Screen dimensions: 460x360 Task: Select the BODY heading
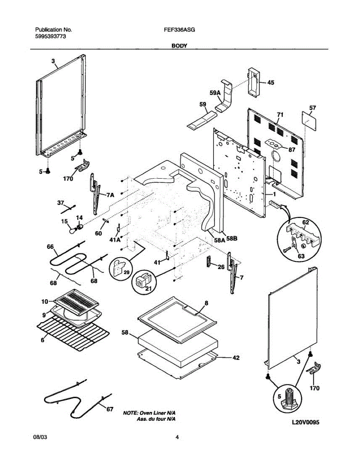(x=179, y=46)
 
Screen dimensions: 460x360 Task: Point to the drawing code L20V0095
(x=306, y=422)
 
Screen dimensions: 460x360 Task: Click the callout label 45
(x=270, y=82)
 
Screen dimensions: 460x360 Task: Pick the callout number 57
(x=312, y=108)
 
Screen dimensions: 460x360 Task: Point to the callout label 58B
(x=232, y=238)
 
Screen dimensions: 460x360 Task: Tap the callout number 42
(x=236, y=358)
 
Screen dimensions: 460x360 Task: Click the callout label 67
(x=110, y=409)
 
